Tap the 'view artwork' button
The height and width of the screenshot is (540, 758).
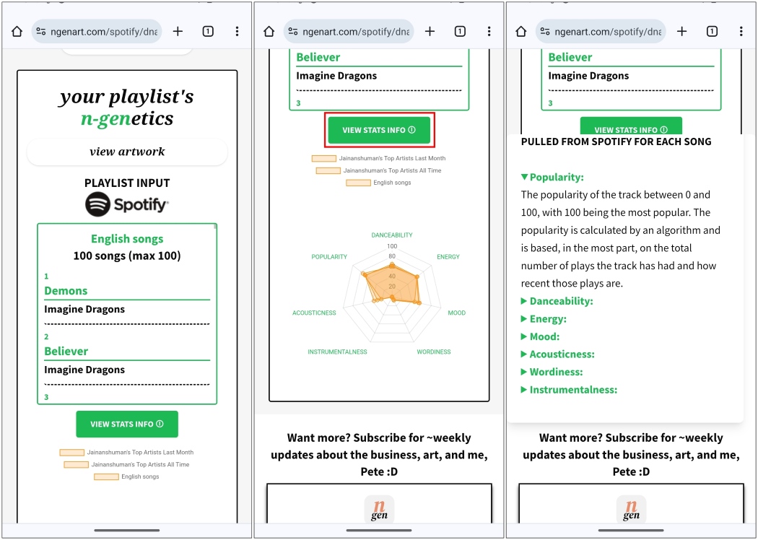(x=127, y=152)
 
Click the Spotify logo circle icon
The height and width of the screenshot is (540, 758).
(x=98, y=204)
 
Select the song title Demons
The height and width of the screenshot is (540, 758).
(x=66, y=290)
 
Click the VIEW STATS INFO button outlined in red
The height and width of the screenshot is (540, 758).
(x=379, y=130)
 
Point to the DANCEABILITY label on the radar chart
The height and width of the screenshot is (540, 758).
(x=392, y=235)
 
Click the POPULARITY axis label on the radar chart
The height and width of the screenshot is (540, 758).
(x=329, y=257)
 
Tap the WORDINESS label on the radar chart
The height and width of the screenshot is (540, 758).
(x=434, y=352)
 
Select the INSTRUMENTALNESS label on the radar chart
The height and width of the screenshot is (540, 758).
(x=337, y=352)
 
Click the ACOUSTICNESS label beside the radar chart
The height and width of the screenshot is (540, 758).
(x=314, y=313)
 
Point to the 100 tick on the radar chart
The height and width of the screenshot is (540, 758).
(x=392, y=247)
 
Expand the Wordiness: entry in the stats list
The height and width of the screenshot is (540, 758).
(x=552, y=372)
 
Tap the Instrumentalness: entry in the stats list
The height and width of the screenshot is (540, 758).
(x=569, y=390)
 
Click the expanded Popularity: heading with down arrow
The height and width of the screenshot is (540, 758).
(x=552, y=178)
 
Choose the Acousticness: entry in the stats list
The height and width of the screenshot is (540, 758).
(x=558, y=354)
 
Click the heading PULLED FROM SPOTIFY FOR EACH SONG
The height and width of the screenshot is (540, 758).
(x=617, y=141)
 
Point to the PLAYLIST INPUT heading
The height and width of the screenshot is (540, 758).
(x=127, y=183)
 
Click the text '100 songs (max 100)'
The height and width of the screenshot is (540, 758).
(x=127, y=256)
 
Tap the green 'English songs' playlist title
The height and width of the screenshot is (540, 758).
(x=127, y=239)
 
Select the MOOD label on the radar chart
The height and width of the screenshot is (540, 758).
(x=457, y=313)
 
